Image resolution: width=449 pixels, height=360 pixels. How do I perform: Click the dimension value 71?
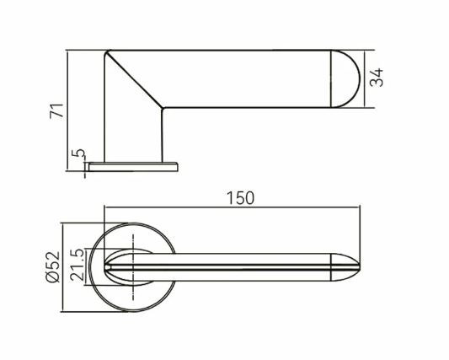coord(56,110)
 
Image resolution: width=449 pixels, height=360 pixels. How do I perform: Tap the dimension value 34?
coord(377,78)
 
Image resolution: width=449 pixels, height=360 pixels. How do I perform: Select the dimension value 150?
coord(240,198)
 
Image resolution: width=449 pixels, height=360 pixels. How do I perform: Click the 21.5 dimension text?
coord(78,265)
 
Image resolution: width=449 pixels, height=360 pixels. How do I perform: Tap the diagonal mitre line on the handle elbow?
coord(135,80)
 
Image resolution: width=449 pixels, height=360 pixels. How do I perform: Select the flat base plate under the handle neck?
coord(133,167)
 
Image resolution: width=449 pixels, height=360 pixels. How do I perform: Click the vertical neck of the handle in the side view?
coord(133,135)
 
